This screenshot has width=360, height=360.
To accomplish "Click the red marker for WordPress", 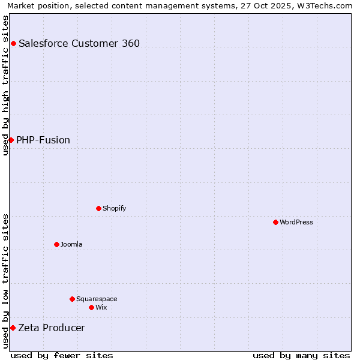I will pos(275,222).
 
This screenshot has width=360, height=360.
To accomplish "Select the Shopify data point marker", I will pos(98,208).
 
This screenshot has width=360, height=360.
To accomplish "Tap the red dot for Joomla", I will pos(56,244).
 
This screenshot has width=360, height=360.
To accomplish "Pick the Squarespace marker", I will pos(72,299).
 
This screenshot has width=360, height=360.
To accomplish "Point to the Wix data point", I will pos(91,307).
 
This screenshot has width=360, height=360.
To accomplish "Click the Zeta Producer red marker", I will pos(13,328).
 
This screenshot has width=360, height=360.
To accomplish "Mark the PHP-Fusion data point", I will pos(11,140).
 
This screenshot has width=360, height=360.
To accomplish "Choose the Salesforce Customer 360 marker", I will pos(13,43).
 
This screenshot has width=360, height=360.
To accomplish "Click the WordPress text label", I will pos(296,222).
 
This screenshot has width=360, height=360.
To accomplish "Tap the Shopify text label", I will pos(114,208).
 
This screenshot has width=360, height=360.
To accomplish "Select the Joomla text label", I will pos(71,244).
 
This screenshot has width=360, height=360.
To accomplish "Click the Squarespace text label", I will pos(97,299).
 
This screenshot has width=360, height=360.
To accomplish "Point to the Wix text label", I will pos(101,307).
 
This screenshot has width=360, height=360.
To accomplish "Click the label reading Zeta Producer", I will pos(52,328).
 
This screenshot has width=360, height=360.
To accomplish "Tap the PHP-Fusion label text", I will pos(43,140).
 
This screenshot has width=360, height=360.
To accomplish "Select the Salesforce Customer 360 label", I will pos(79,43).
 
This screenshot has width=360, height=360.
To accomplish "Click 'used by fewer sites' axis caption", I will pos(62,355).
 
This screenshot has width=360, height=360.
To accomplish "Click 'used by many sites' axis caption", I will pos(301,355).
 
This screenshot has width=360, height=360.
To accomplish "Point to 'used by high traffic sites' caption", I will pos(5,85).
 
